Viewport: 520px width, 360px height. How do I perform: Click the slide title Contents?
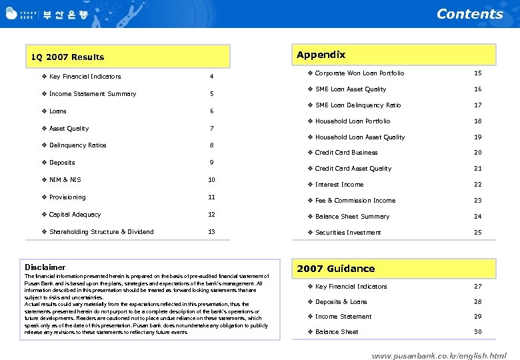point(469,14)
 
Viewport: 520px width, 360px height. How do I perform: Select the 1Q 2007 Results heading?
point(67,57)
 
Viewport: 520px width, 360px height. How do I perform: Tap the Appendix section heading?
point(321,55)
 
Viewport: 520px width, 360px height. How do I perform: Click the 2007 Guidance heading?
point(335,269)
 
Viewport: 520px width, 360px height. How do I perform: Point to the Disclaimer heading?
point(45,267)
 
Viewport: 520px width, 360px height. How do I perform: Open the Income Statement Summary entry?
point(93,94)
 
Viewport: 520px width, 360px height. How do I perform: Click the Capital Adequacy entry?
point(75,215)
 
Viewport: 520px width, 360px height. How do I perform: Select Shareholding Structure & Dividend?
point(101,232)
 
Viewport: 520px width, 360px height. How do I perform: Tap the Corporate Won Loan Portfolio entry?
point(359,73)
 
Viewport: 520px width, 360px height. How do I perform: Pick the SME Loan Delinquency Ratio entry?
point(358,105)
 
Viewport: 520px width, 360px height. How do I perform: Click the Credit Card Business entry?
point(346,153)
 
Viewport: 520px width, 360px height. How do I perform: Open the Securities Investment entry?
point(348,233)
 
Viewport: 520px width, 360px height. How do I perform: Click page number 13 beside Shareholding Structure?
point(211,232)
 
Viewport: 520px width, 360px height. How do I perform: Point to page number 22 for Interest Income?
point(477,185)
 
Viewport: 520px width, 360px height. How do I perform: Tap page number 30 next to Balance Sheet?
point(477,332)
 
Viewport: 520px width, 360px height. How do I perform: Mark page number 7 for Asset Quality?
point(211,129)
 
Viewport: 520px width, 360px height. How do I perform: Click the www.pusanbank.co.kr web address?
point(439,356)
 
